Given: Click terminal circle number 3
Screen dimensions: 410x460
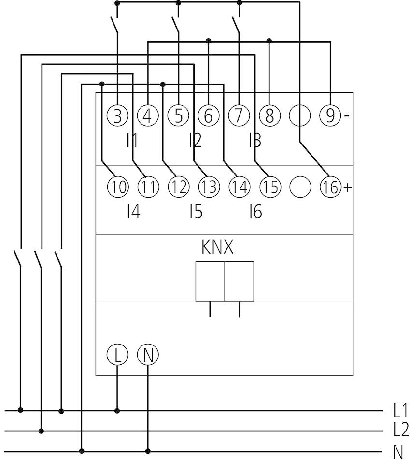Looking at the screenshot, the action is tap(117, 115).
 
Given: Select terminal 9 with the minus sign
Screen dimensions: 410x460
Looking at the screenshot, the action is tap(330, 115).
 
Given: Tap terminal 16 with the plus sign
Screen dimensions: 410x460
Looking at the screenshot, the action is tap(331, 187).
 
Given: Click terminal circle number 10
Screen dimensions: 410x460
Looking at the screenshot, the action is tap(118, 187).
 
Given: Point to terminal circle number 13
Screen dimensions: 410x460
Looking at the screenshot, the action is tap(209, 187).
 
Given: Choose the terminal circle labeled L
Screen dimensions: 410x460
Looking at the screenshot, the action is tap(117, 355).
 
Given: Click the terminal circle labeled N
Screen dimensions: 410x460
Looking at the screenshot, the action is tap(148, 355).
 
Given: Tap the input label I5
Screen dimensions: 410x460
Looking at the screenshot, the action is tap(196, 212).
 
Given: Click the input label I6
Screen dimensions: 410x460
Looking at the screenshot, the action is tap(255, 212).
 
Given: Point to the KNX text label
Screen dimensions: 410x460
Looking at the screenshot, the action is tap(217, 247).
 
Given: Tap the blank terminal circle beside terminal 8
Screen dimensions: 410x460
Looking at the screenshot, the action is tap(300, 115).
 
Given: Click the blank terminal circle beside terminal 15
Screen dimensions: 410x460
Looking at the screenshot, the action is tap(300, 187).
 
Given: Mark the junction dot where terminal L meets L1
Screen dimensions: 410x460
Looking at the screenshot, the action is tap(117, 410).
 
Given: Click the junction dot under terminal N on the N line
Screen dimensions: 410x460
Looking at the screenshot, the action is tap(148, 451).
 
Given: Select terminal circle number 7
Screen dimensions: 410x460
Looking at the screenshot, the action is tap(239, 115).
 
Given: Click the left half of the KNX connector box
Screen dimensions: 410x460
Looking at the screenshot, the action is tap(210, 281).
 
